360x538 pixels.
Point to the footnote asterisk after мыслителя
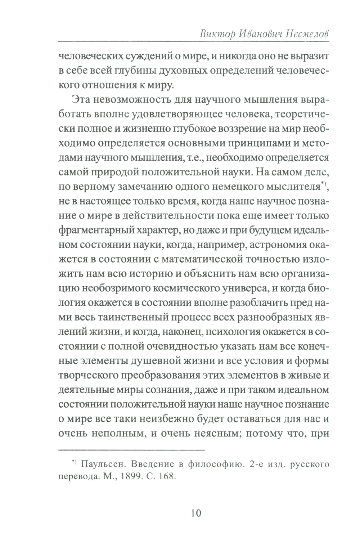pos(323,183)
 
